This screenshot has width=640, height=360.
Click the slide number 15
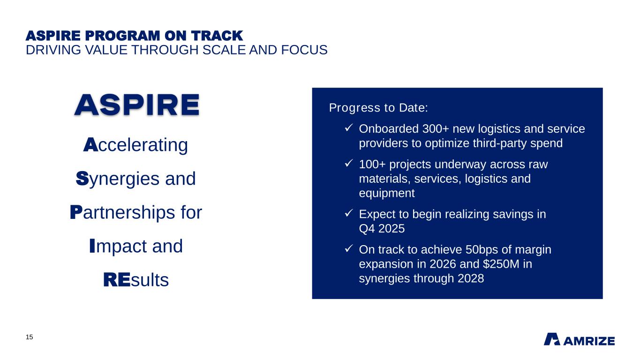tap(29, 337)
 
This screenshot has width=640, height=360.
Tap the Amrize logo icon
tap(551, 339)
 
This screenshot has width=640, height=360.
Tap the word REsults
tap(136, 280)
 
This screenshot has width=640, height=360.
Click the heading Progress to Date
tap(378, 108)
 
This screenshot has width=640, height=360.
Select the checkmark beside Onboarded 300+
tap(348, 128)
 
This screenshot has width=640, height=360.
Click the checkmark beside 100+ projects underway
tap(348, 164)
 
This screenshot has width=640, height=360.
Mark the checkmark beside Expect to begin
tap(348, 214)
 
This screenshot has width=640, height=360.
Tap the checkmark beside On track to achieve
tap(348, 249)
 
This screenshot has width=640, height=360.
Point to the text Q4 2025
tap(382, 229)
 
